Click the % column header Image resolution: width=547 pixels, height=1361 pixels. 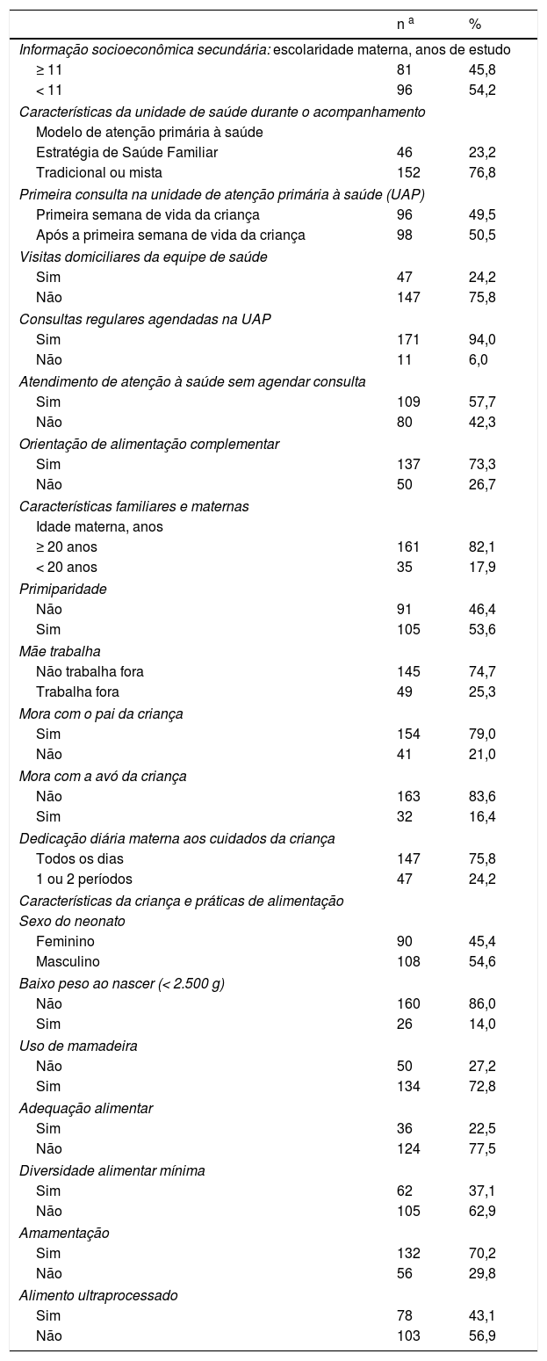point(474,25)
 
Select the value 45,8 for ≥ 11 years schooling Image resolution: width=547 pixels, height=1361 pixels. point(482,69)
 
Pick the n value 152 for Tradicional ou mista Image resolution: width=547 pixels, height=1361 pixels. point(408,172)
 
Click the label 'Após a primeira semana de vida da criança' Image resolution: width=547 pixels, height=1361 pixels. point(170,235)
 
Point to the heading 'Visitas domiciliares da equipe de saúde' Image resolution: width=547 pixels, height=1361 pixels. point(143,256)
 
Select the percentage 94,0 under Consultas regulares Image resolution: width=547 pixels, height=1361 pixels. point(482,339)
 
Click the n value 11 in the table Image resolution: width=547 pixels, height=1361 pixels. point(404,359)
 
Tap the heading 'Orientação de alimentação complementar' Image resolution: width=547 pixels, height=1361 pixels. point(149,443)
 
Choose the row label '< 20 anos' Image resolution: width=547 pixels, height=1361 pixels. point(67,567)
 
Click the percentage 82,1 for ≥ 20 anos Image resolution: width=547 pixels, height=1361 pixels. point(482,547)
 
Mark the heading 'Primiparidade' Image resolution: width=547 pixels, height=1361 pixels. point(63,589)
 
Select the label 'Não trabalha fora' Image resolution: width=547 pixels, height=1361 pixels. point(90,671)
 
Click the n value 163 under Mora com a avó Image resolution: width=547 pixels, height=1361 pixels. point(408,796)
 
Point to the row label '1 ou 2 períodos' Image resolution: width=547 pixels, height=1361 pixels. point(84,879)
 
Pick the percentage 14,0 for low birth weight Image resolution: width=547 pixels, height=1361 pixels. point(482,1024)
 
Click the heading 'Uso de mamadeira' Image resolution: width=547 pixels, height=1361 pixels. point(78,1046)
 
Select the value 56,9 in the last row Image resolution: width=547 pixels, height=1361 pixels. point(482,1336)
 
